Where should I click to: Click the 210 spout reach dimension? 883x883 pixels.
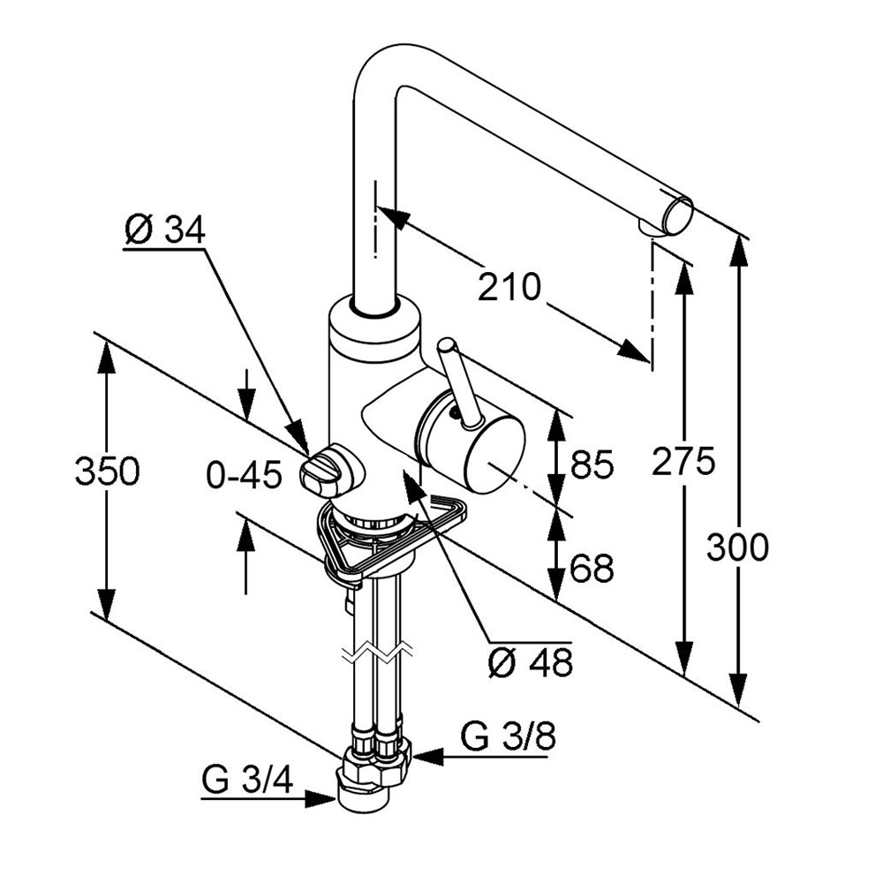[509, 287]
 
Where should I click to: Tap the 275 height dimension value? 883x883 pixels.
[683, 461]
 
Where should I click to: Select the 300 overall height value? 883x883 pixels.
[738, 548]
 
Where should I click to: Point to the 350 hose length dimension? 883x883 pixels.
[107, 472]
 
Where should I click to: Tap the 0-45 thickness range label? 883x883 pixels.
[244, 476]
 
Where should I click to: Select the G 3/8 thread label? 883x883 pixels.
[509, 736]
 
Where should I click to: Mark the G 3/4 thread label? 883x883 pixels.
[247, 781]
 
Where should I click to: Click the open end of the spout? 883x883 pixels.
[679, 215]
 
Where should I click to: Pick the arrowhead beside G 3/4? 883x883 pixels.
[320, 799]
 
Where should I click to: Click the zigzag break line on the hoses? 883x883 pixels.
[379, 654]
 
